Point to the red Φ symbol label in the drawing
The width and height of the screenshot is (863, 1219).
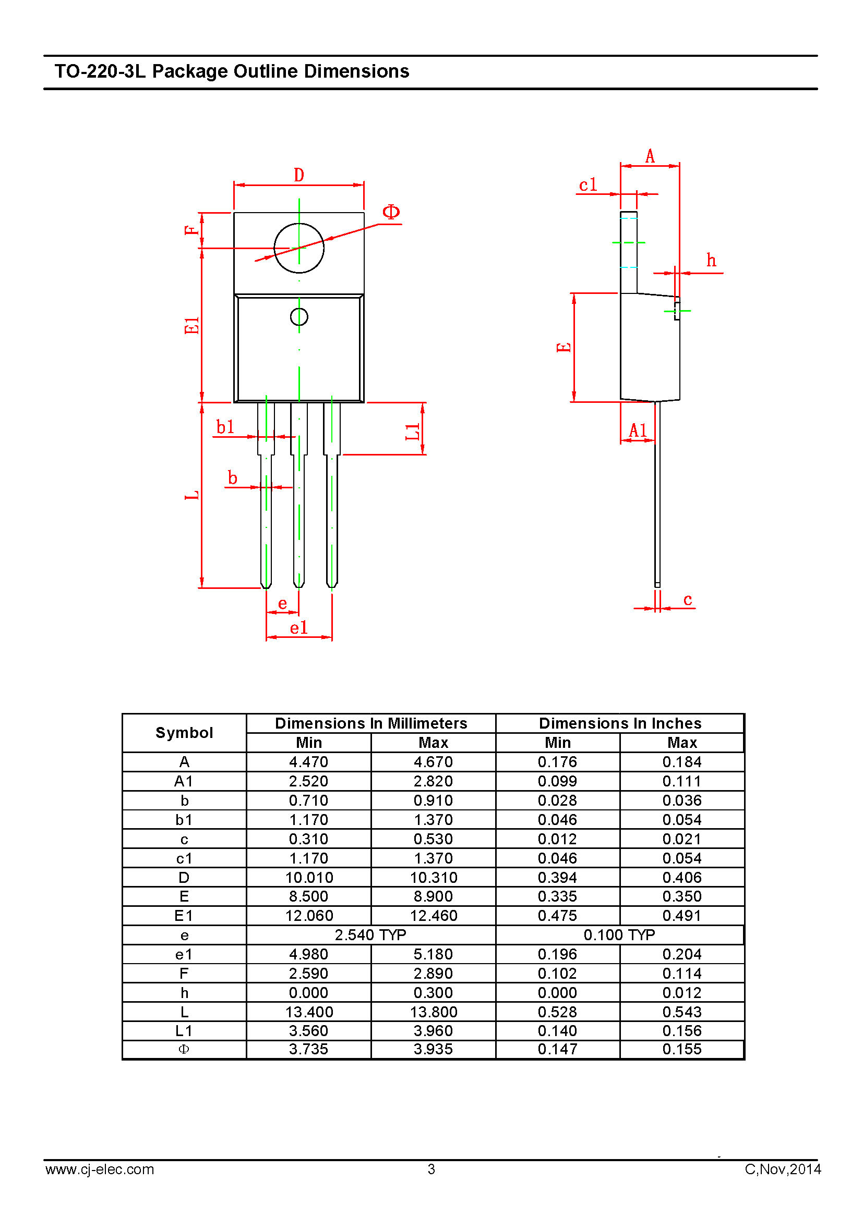[x=391, y=212]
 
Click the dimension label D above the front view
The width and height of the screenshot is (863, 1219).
[x=299, y=175]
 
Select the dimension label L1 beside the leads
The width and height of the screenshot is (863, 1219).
[x=413, y=432]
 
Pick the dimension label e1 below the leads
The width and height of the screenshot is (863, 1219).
[x=298, y=628]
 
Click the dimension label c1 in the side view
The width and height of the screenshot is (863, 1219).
[x=588, y=185]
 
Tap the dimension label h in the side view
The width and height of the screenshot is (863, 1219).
[x=711, y=260]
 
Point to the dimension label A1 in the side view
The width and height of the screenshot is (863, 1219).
[x=638, y=430]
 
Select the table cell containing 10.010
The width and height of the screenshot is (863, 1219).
[x=309, y=877]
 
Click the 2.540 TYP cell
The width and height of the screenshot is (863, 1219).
[x=370, y=935]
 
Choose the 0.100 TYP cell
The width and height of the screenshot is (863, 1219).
[x=619, y=935]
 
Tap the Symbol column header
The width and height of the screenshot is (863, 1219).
[x=184, y=733]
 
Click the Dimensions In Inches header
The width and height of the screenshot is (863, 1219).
[x=620, y=723]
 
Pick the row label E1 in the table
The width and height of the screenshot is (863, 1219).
[x=184, y=915]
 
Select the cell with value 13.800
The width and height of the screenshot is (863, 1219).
[x=434, y=1012]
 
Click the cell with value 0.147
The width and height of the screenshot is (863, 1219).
[x=557, y=1049]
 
